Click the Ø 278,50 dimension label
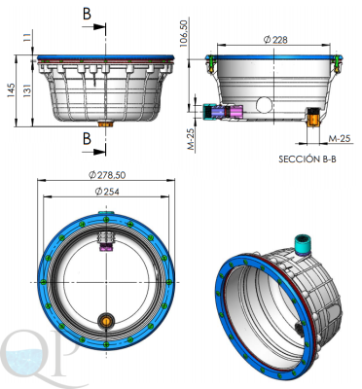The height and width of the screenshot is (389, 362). coord(107,175)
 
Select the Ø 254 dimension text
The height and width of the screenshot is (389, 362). coord(107,192)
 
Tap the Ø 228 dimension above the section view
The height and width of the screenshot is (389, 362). coord(275,40)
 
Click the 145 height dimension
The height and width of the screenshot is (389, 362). coord(11,91)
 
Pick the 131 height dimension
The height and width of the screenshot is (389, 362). coord(26,90)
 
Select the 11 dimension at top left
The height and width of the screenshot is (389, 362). coord(27,36)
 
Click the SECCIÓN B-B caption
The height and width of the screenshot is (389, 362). coord(308,159)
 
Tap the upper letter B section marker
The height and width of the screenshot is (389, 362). coord(87,14)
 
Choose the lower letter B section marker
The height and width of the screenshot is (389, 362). coord(87,138)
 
